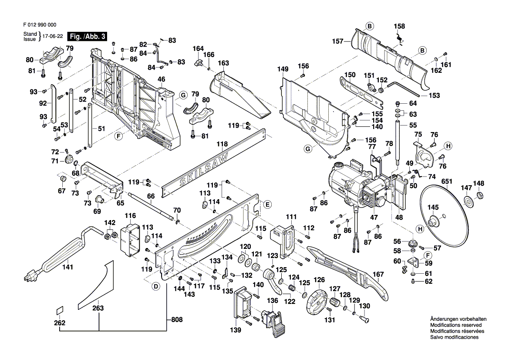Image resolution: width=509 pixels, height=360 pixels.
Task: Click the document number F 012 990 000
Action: point(39,25)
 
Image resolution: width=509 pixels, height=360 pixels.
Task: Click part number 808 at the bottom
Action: point(176,320)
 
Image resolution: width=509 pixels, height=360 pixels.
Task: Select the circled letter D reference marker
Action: point(155,286)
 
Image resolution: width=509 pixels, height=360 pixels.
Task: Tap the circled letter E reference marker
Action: point(267,204)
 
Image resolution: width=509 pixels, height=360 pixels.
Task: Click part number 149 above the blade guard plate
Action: point(283,69)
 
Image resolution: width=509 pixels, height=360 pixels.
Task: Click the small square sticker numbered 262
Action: point(59,310)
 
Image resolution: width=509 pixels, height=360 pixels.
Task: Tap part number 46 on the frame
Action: point(161,79)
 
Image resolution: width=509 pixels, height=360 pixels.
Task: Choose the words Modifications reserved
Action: point(456,326)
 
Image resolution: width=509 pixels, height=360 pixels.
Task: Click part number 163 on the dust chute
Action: point(223,63)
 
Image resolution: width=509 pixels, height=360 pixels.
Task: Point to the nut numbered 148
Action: point(479,194)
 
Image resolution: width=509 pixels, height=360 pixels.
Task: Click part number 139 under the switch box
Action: point(236,330)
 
